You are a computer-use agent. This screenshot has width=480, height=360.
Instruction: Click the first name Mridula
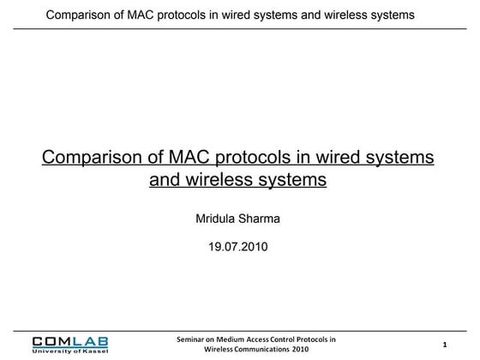pyautogui.click(x=217, y=219)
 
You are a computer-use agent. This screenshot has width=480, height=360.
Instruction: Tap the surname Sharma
pyautogui.click(x=260, y=219)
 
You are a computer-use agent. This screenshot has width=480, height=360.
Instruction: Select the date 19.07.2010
pyautogui.click(x=238, y=247)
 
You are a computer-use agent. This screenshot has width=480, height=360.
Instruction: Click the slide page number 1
pyautogui.click(x=445, y=345)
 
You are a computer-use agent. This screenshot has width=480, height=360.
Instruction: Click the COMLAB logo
pyautogui.click(x=70, y=340)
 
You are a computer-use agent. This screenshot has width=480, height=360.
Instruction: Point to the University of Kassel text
pyautogui.click(x=70, y=351)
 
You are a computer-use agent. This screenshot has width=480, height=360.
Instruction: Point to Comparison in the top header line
pyautogui.click(x=80, y=15)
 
